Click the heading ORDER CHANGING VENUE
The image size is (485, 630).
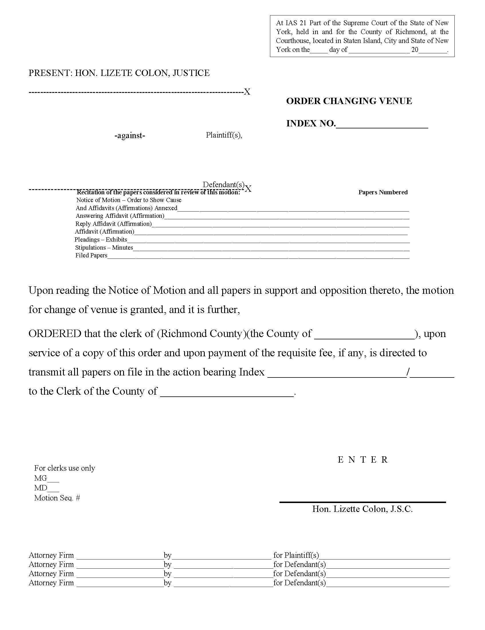pyautogui.click(x=349, y=101)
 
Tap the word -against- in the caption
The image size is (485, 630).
pyautogui.click(x=130, y=135)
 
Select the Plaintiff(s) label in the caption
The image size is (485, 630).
pyautogui.click(x=224, y=135)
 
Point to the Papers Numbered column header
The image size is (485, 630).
pyautogui.click(x=383, y=192)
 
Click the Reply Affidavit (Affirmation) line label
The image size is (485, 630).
pyautogui.click(x=113, y=224)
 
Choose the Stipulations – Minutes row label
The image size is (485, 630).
pyautogui.click(x=104, y=248)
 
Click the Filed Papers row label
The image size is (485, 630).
pyautogui.click(x=91, y=255)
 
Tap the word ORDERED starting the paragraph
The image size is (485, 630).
pyautogui.click(x=55, y=334)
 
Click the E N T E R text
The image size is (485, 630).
pyautogui.click(x=362, y=460)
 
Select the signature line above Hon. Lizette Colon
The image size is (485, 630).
pyautogui.click(x=362, y=502)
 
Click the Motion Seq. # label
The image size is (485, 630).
pyautogui.click(x=57, y=498)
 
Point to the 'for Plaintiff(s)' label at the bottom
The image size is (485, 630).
pyautogui.click(x=296, y=555)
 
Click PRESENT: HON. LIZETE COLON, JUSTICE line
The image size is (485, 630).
pyautogui.click(x=119, y=73)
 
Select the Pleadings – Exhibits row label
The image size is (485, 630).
pyautogui.click(x=100, y=239)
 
